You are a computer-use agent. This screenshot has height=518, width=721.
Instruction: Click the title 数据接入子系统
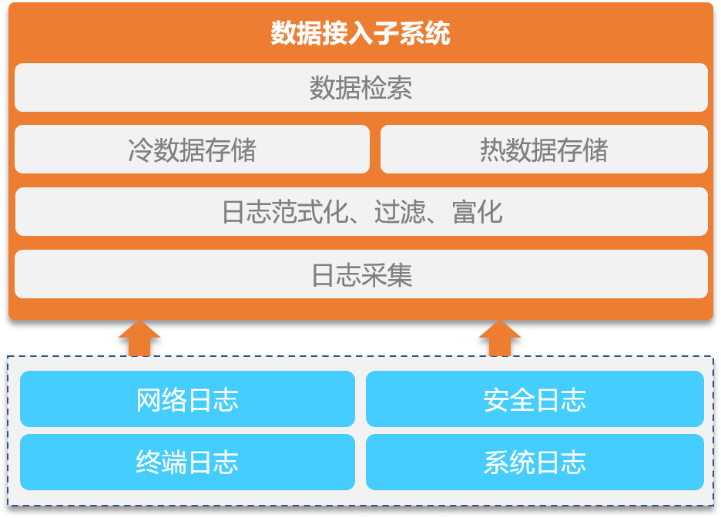360,33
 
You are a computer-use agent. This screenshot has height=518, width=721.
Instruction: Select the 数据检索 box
361,87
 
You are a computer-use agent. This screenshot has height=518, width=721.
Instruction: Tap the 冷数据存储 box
193,149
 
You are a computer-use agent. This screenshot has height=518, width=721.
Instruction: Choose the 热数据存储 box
544,149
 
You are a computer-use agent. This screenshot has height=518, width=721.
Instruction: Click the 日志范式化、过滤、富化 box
361,212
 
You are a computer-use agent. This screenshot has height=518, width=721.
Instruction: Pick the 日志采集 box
361,274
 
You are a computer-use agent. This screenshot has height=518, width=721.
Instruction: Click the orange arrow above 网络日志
139,338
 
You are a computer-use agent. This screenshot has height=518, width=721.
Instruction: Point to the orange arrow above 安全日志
500,338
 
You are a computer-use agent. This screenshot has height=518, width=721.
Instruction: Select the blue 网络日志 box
188,399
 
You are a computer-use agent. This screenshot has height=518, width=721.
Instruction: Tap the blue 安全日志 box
535,399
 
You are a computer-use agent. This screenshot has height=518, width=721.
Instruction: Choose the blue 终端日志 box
188,462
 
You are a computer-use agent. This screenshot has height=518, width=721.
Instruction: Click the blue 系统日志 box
535,462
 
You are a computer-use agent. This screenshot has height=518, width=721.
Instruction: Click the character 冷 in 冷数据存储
140,150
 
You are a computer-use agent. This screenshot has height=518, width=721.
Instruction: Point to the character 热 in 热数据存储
492,150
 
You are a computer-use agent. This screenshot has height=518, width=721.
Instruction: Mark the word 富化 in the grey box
478,212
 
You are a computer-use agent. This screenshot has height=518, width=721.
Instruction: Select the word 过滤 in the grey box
400,212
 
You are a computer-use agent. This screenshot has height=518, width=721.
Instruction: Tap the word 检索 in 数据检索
386,88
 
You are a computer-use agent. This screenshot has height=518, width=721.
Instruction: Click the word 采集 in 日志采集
387,275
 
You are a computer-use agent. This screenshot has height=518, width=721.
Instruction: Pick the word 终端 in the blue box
162,462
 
